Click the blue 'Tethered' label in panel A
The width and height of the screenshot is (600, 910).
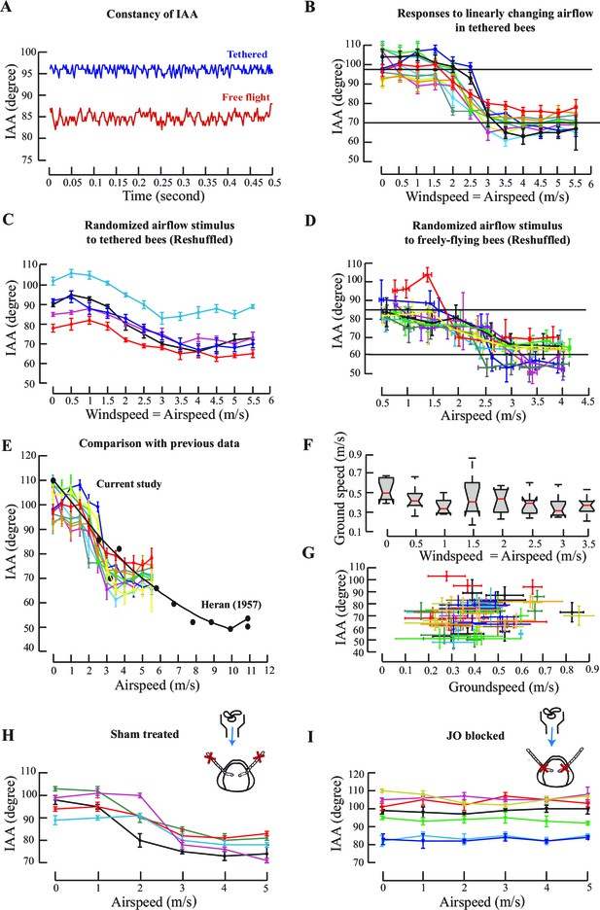[247, 54]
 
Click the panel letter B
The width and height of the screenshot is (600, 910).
[310, 8]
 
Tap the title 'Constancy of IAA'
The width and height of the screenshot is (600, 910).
[152, 14]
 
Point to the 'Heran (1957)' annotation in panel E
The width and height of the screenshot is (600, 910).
[230, 605]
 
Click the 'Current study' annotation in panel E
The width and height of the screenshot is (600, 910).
[128, 484]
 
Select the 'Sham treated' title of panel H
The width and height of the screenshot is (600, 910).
[145, 734]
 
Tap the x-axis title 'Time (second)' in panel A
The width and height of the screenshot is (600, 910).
[163, 195]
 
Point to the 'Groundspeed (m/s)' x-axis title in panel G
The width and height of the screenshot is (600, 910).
[504, 687]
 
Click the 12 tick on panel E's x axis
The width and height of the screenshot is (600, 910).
[268, 670]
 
